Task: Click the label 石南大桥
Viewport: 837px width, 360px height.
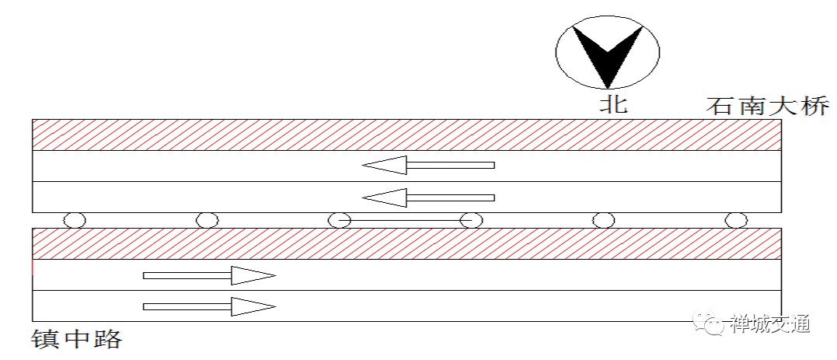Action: [768, 105]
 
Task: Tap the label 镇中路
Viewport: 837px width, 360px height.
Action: [77, 339]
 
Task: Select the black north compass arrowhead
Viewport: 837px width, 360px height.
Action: [608, 57]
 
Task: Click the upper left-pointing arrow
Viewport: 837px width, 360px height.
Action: [428, 165]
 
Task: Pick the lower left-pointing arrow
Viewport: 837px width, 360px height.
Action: [428, 197]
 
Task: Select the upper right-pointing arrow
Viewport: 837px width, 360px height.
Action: [209, 275]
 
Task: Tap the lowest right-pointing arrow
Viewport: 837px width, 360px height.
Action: [209, 306]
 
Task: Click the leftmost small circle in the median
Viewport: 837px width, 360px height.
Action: [75, 220]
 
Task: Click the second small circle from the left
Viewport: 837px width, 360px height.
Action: [208, 220]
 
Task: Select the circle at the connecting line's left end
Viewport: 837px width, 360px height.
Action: [339, 220]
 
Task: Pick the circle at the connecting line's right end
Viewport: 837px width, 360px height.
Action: [471, 220]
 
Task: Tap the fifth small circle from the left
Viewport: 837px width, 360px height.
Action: [604, 220]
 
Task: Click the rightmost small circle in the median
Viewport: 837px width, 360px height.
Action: [736, 220]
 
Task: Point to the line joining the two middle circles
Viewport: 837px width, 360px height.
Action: [405, 220]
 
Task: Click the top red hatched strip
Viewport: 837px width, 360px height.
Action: [406, 135]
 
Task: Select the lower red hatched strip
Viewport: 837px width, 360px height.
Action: [406, 243]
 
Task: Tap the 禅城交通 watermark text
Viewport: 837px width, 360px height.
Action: [769, 323]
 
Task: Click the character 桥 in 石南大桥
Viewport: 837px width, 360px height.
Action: [815, 105]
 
